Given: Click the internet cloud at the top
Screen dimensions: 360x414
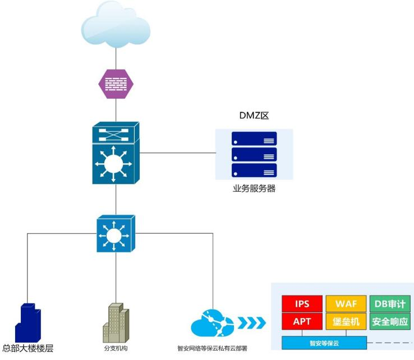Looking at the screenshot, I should (x=116, y=26).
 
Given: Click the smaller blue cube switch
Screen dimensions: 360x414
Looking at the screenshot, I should (x=116, y=233).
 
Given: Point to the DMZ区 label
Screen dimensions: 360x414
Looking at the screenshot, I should (x=254, y=117).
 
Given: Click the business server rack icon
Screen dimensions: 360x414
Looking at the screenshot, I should (x=254, y=154).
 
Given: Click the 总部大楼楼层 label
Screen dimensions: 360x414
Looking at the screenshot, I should (x=28, y=348).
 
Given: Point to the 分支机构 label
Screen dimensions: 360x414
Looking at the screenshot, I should (x=116, y=348).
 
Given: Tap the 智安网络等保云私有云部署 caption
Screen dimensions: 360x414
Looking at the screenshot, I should (x=212, y=348).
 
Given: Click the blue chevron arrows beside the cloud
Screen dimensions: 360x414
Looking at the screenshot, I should (x=251, y=323).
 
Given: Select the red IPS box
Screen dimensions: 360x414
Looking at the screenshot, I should (x=301, y=304).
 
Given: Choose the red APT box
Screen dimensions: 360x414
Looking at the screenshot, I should (x=301, y=322).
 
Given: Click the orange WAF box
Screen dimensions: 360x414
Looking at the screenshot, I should (x=346, y=304).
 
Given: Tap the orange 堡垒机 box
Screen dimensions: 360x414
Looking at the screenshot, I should (x=346, y=322).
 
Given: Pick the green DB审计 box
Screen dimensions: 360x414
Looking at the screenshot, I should (x=389, y=304).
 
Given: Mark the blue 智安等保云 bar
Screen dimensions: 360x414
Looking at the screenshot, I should (x=324, y=342).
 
